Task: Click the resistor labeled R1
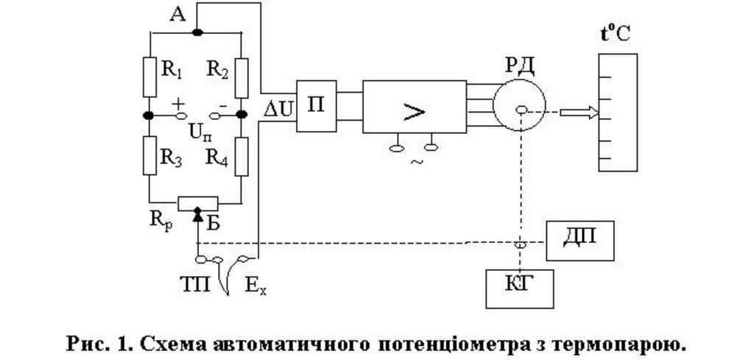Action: pyautogui.click(x=149, y=77)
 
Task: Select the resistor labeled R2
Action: pyautogui.click(x=242, y=77)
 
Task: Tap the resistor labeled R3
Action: pyautogui.click(x=149, y=155)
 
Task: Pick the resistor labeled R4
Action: pyautogui.click(x=242, y=155)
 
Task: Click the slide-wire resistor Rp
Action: pyautogui.click(x=198, y=202)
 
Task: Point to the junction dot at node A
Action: pyautogui.click(x=197, y=32)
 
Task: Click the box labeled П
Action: pyautogui.click(x=316, y=106)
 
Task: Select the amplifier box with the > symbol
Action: pyautogui.click(x=415, y=107)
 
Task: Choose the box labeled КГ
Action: pyautogui.click(x=519, y=288)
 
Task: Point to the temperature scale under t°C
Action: pyautogui.click(x=618, y=112)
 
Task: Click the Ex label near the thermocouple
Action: pyautogui.click(x=256, y=285)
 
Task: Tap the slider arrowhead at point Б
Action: pyautogui.click(x=197, y=214)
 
